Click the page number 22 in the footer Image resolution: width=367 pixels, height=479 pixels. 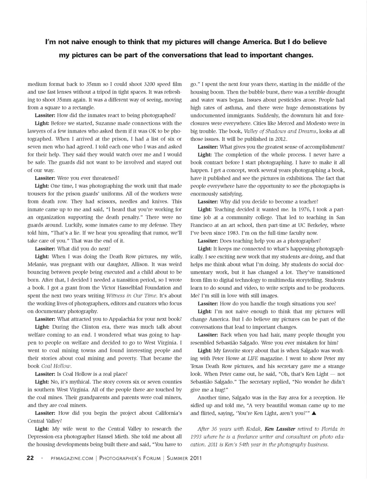30,458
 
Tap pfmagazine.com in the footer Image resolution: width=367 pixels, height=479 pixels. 72,458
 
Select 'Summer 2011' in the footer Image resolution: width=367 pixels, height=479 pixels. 184,458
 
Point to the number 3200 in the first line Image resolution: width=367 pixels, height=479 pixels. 152,84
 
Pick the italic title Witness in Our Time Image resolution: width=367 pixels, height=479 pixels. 131,296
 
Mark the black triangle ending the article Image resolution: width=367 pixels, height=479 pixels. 314,414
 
